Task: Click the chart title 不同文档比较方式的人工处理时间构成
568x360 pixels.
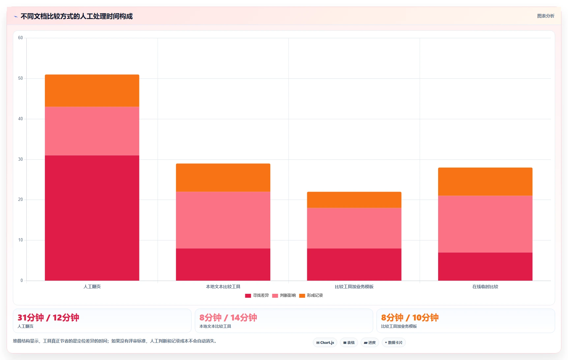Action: pos(76,16)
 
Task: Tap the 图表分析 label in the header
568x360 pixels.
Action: pos(546,16)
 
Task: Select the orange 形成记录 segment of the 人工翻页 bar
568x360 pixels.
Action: pos(92,91)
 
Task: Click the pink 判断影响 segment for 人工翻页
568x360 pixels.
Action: pos(92,131)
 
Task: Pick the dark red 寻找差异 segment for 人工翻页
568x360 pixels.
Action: pos(92,218)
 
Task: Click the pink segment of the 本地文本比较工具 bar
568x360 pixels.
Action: pos(223,220)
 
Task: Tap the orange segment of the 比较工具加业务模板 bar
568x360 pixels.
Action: pos(354,200)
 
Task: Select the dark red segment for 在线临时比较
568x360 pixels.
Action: pos(485,266)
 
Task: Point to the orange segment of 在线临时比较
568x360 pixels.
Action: pos(485,181)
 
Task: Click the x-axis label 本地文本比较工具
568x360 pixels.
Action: pos(223,287)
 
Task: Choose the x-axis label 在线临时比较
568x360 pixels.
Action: pos(485,287)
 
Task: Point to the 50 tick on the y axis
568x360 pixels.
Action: pos(20,78)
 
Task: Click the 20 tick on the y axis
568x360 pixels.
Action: pos(20,200)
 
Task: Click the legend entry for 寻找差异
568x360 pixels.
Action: pos(257,295)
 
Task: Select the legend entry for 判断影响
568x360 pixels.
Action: pos(284,295)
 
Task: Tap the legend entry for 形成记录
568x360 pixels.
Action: pos(311,295)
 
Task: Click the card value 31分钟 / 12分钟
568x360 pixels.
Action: pos(48,318)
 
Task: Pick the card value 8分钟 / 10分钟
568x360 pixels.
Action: pos(410,318)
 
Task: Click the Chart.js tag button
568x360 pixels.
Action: pos(325,343)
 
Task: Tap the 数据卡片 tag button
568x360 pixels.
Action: pos(394,343)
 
